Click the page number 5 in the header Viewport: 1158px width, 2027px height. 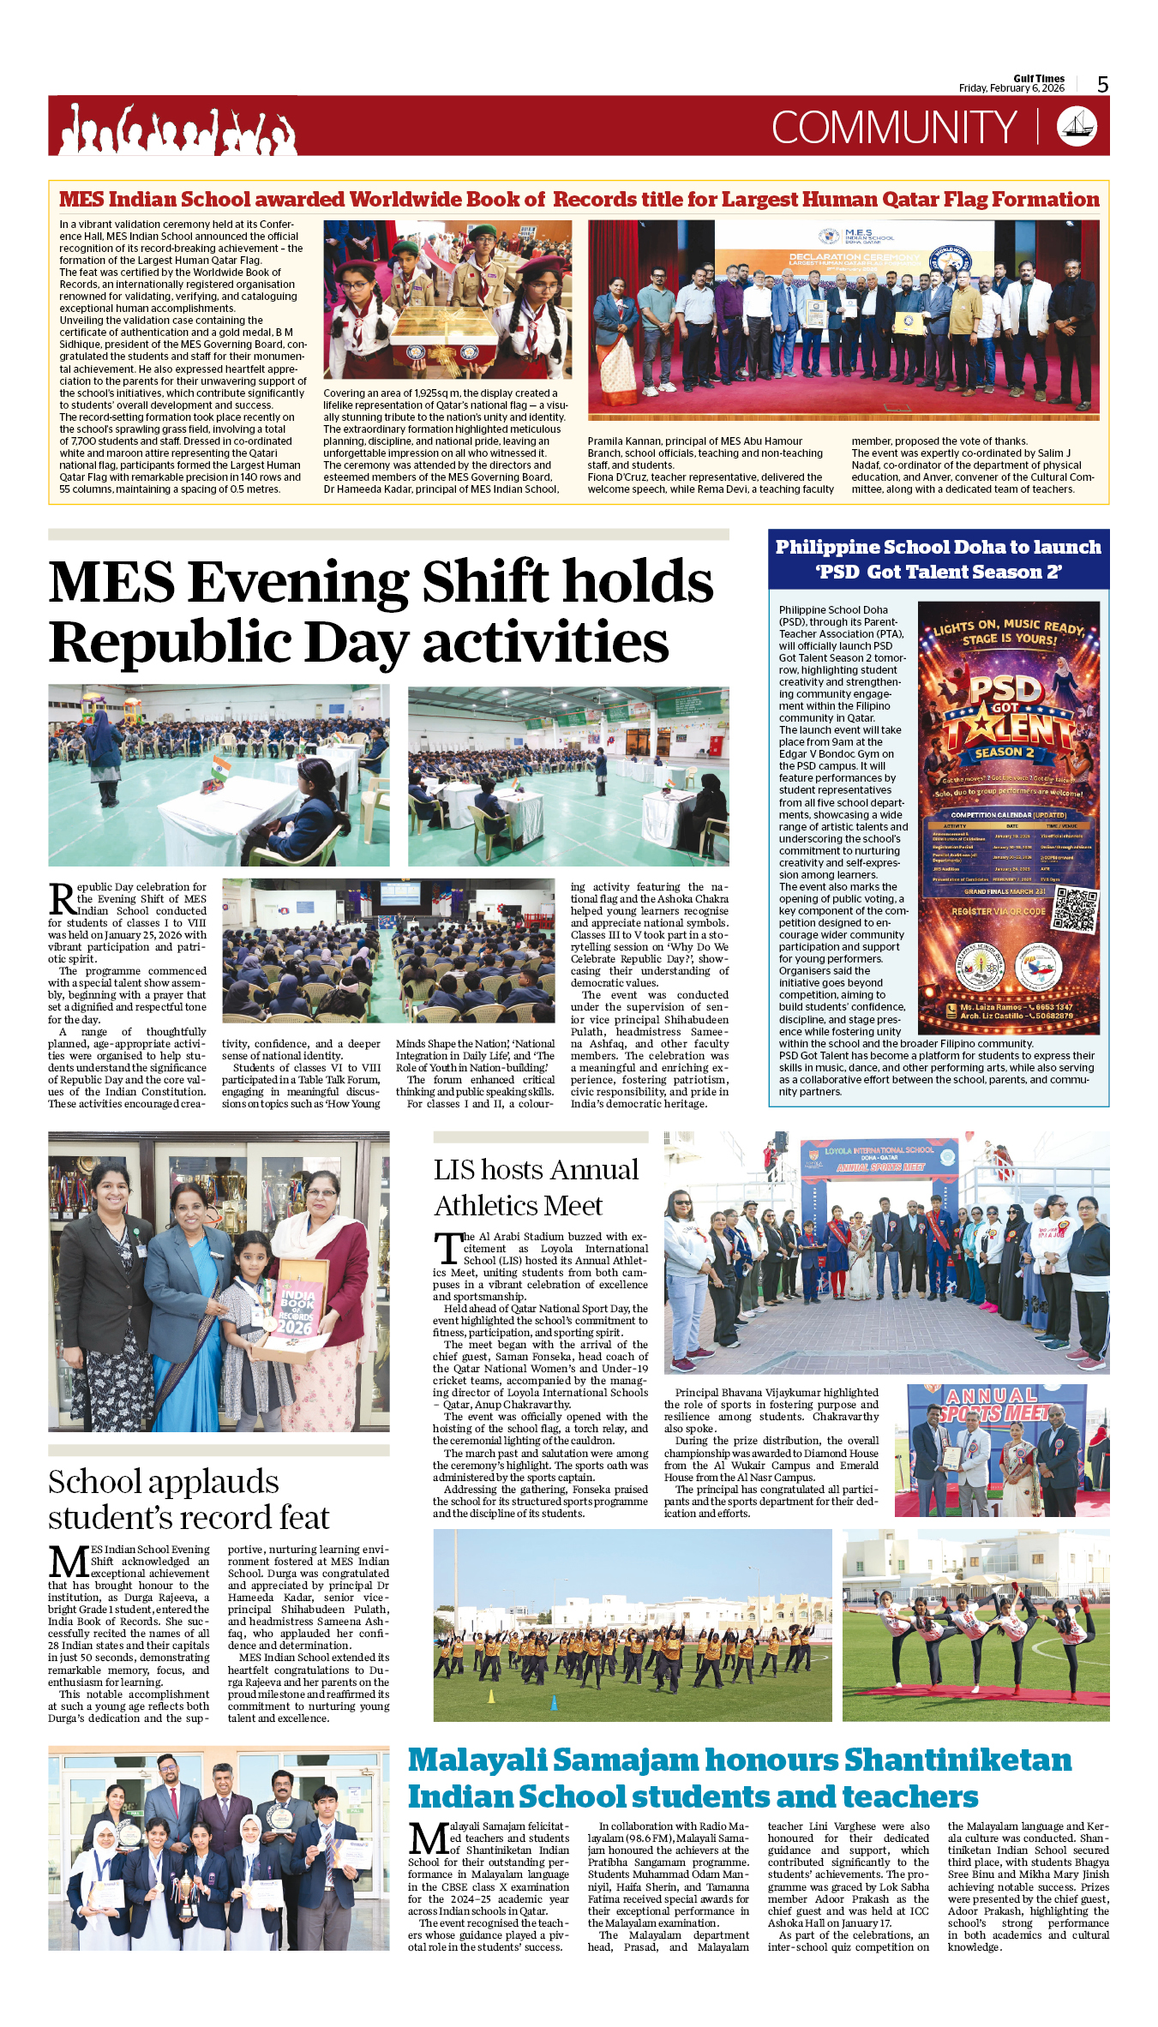click(1102, 84)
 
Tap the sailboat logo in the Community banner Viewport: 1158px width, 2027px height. click(1077, 127)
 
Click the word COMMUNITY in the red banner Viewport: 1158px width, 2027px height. click(894, 128)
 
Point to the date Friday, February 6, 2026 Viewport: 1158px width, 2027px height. click(1011, 88)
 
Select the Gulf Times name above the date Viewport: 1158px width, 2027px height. click(1039, 78)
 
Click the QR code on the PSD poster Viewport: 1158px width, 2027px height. click(1075, 910)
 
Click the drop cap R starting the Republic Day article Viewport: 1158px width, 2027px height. click(62, 899)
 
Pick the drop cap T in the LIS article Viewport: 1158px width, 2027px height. click(447, 1248)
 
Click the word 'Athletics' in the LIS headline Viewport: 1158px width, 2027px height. click(486, 1206)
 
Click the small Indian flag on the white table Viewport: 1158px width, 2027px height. click(221, 765)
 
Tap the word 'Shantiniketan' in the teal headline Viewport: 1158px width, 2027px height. click(957, 1760)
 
